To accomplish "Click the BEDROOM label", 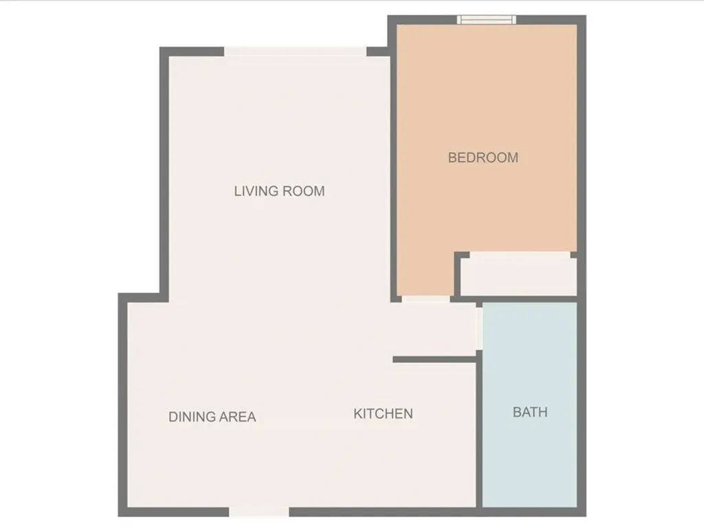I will pos(483,157).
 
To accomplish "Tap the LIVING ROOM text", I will pos(279,191).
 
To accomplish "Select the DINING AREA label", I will pos(212,417).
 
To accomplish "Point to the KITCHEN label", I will pos(383,413).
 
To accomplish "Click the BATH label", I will pos(530,412).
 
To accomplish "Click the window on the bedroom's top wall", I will pos(486,19).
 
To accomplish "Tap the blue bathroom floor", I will pos(529,454).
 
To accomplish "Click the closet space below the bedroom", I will pos(518,276).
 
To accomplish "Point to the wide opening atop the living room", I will pos(296,52).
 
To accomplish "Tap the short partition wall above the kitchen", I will pos(435,359).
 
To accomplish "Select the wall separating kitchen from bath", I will pos(479,433).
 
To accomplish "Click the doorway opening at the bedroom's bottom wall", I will pos(426,299).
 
